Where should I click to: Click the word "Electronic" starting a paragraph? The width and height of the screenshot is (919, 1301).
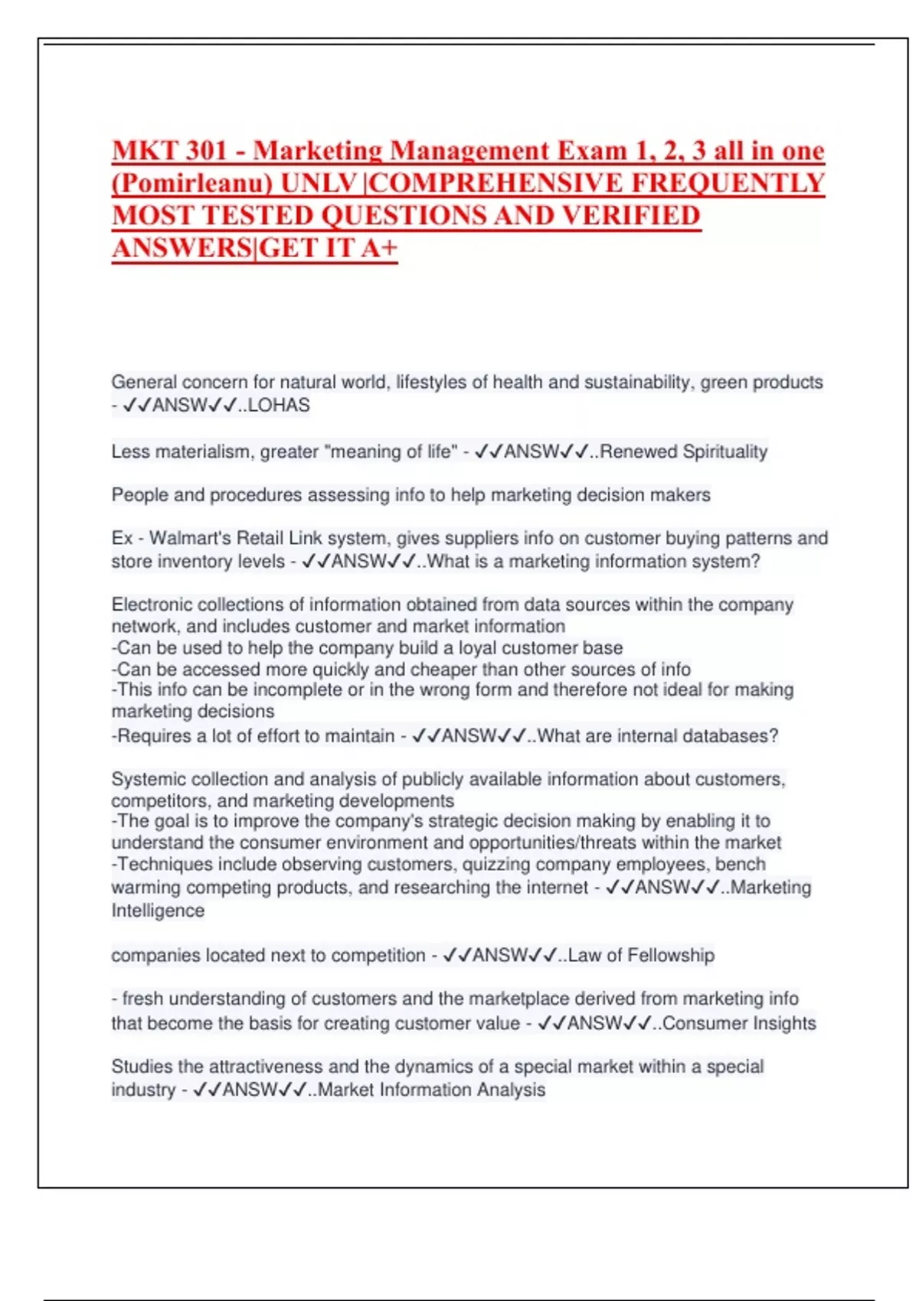tap(152, 605)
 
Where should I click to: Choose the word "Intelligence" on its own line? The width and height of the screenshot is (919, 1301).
tap(158, 911)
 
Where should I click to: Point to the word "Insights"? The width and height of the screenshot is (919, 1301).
tap(780, 1023)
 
